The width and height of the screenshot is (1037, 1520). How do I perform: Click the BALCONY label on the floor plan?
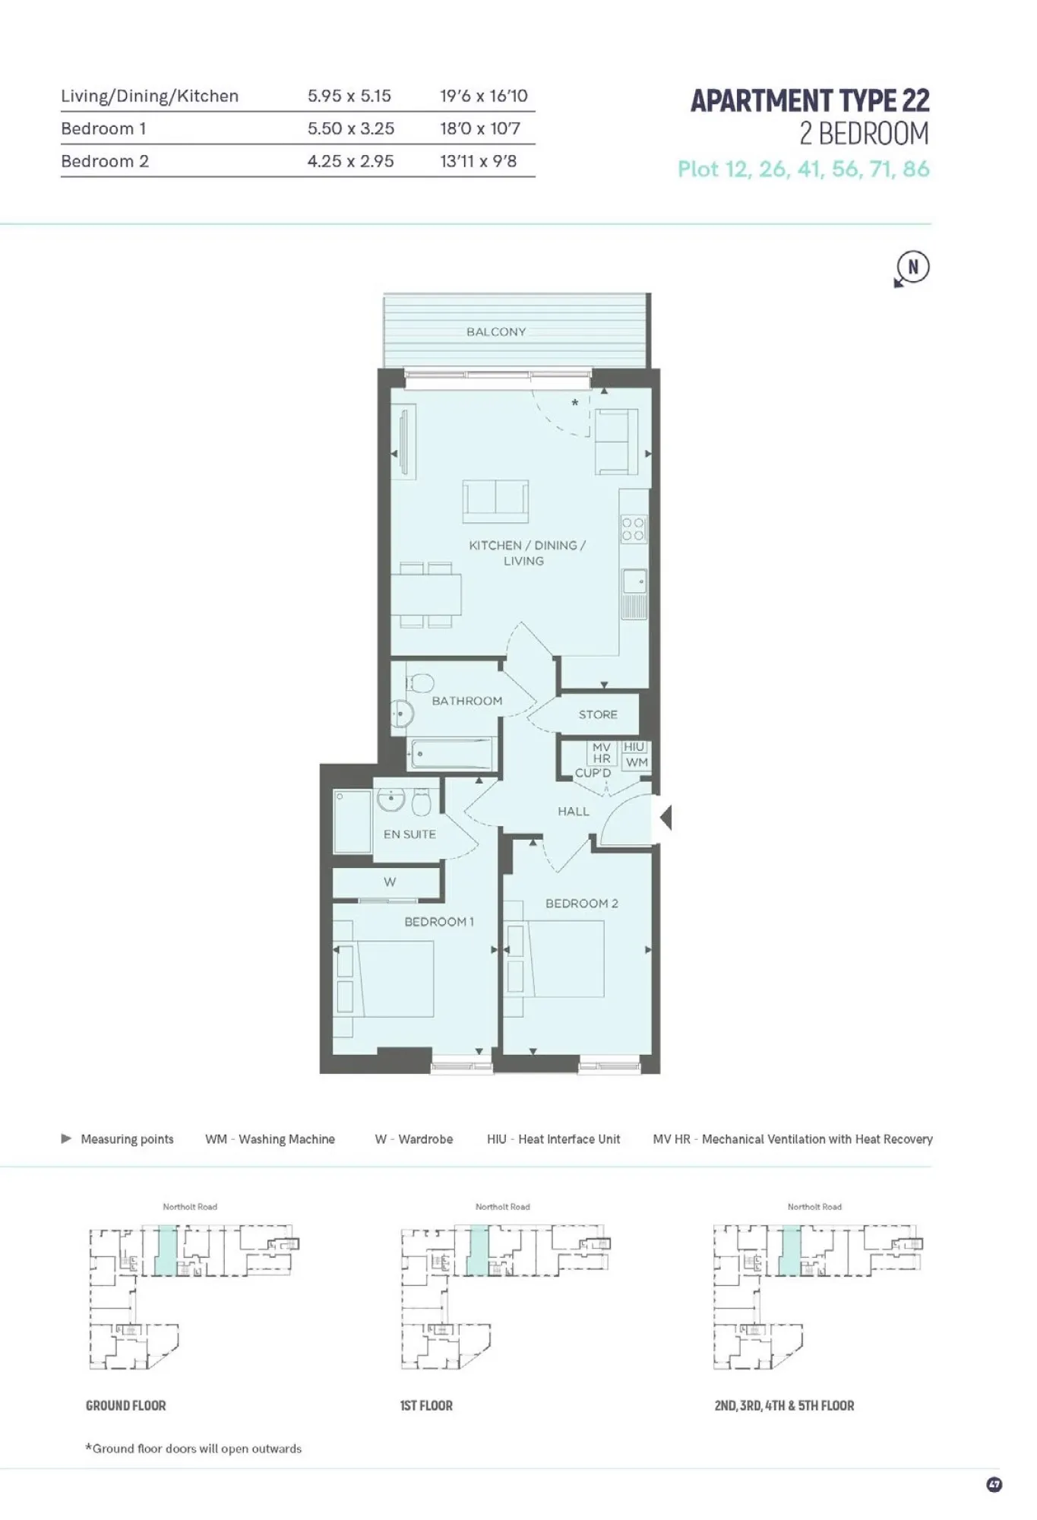(x=496, y=332)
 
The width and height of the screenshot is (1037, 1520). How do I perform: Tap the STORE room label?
(x=598, y=715)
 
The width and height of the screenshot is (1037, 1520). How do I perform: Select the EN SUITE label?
(x=409, y=834)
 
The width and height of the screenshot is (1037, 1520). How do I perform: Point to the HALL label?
(x=574, y=812)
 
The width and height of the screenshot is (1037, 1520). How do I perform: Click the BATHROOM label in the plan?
(x=467, y=701)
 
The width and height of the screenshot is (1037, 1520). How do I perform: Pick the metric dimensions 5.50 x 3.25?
(x=351, y=128)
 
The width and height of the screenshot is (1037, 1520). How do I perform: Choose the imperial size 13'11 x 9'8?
(x=479, y=161)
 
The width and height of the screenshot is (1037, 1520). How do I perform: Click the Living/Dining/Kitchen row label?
(x=150, y=96)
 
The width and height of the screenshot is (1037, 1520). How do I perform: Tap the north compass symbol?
(x=912, y=268)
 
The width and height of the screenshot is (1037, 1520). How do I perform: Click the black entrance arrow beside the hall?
(x=666, y=818)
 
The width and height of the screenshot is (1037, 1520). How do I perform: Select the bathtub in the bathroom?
(x=451, y=755)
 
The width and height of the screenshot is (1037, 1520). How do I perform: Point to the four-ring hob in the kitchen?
(x=634, y=529)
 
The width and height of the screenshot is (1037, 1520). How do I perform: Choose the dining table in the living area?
(x=426, y=594)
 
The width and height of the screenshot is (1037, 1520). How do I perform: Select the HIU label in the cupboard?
(x=634, y=747)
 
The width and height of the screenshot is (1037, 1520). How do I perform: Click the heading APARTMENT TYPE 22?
(x=810, y=101)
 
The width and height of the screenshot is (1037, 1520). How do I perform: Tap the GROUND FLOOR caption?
(x=126, y=1406)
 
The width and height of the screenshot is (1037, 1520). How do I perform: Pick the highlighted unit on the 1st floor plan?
(x=477, y=1249)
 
